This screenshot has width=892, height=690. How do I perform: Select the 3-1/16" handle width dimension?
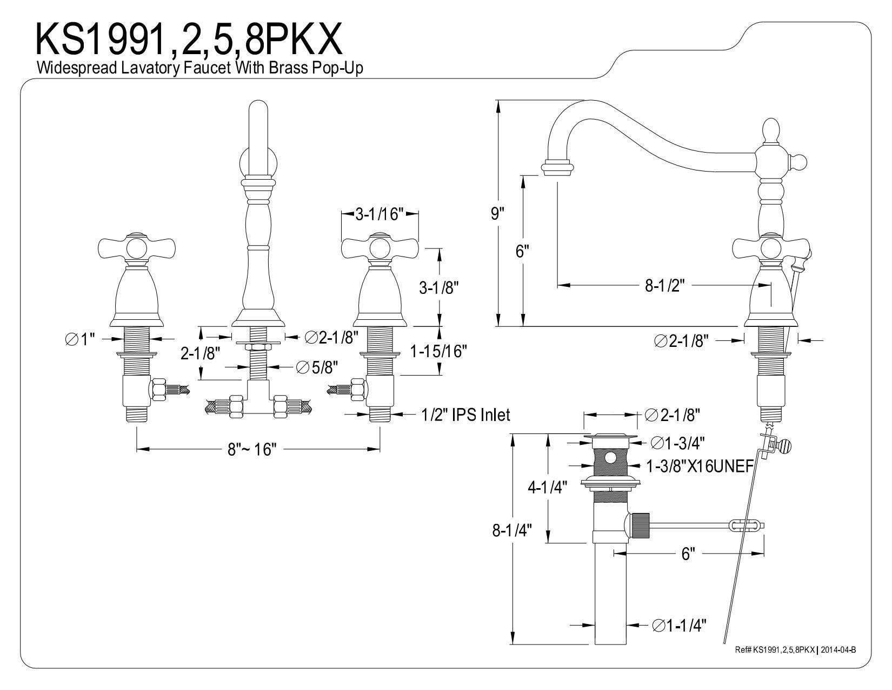[x=380, y=215]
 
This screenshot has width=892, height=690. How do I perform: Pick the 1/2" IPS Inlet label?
[x=465, y=415]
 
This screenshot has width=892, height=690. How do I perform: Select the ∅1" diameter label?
[x=79, y=339]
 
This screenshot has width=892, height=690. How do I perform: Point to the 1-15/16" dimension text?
[x=438, y=352]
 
